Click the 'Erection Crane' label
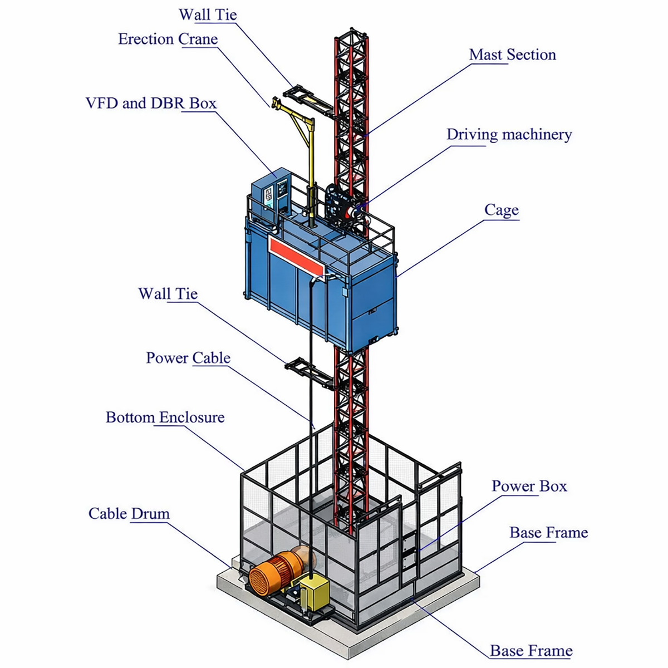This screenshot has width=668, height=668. [168, 40]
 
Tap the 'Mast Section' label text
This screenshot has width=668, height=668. [512, 55]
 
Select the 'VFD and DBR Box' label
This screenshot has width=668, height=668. [151, 104]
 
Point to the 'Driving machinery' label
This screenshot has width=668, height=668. [509, 135]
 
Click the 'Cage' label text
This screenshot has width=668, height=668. [501, 210]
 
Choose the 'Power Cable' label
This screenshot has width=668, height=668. [188, 358]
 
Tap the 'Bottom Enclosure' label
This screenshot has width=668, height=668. [165, 417]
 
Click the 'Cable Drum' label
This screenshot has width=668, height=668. [129, 513]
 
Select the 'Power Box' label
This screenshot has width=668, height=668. [529, 486]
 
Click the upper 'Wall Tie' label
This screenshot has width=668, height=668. [208, 15]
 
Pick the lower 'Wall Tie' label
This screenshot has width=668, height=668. [168, 294]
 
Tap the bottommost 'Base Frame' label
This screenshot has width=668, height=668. [531, 651]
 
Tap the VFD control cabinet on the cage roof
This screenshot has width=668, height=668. [271, 195]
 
